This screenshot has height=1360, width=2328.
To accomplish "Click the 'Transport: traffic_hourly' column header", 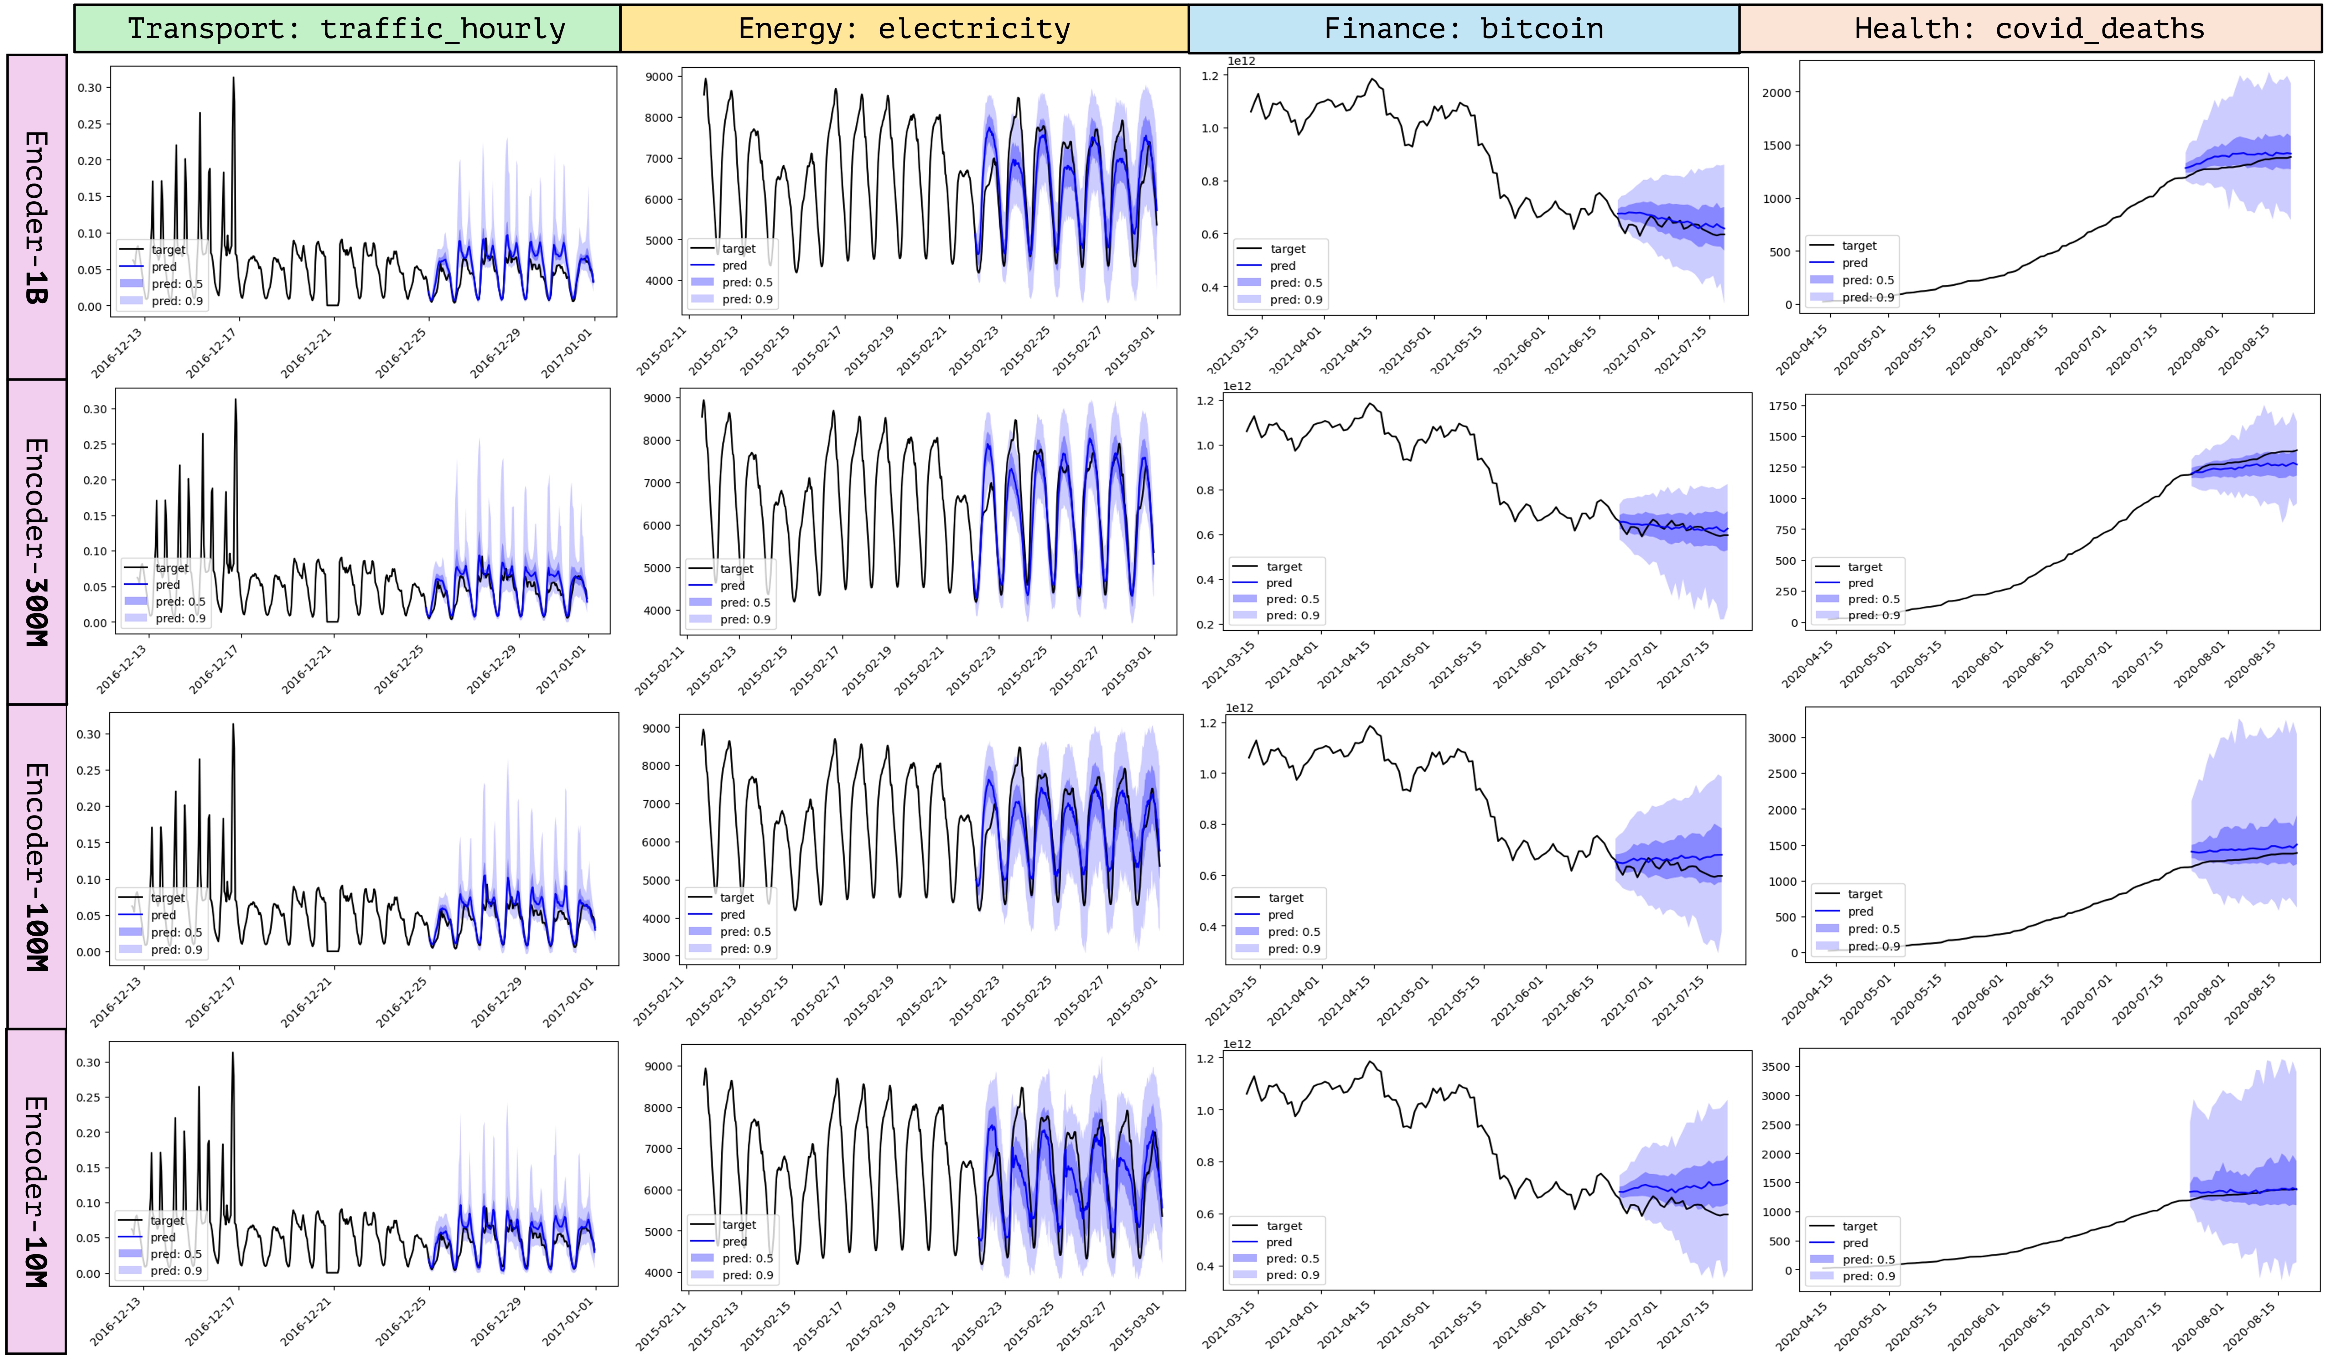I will click(346, 29).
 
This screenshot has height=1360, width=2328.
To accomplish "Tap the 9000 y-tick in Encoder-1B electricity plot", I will click(659, 77).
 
